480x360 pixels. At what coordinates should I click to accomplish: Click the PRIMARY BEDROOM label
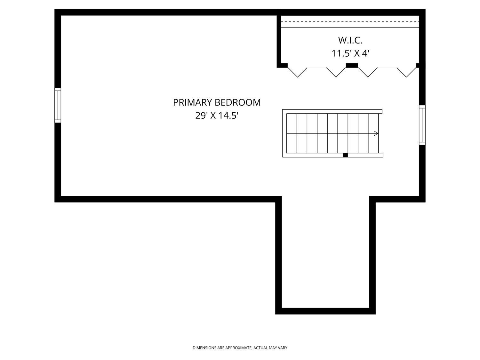click(x=217, y=102)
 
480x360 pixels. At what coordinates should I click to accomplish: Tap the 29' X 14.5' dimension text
click(x=217, y=115)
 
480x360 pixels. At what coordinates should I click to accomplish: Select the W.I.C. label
click(x=350, y=40)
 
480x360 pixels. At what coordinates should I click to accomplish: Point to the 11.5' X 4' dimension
click(x=350, y=53)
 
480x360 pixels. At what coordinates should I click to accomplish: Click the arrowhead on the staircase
click(x=376, y=133)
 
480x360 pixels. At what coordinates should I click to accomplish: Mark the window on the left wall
click(x=58, y=105)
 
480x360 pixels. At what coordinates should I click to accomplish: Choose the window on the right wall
click(x=422, y=125)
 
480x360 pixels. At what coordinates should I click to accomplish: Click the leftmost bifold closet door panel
click(x=297, y=72)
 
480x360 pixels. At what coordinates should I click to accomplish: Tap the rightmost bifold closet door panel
click(x=407, y=72)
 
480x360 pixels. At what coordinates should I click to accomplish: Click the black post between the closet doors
click(x=352, y=65)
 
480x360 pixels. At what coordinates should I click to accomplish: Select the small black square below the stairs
click(x=345, y=155)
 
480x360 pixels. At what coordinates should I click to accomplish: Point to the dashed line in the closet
click(x=350, y=22)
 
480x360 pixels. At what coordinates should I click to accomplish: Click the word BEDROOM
click(x=237, y=102)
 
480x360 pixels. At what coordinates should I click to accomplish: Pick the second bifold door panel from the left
click(x=336, y=72)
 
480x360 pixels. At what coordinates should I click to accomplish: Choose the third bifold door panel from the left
click(x=368, y=72)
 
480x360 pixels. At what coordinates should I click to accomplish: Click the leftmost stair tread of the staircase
click(x=292, y=133)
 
